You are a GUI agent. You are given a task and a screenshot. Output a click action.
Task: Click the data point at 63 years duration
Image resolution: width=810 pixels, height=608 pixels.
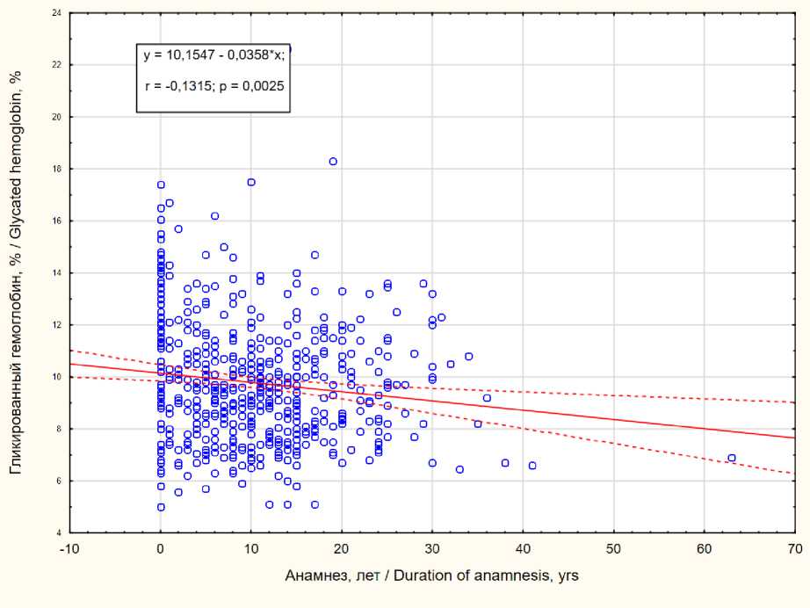point(732,458)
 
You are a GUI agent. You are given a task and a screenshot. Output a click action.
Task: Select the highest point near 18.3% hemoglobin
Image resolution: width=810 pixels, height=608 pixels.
point(333,161)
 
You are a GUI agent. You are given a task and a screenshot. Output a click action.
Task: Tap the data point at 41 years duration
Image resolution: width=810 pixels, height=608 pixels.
point(532,466)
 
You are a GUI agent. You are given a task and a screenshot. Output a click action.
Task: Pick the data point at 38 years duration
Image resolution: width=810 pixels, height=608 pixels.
point(505,463)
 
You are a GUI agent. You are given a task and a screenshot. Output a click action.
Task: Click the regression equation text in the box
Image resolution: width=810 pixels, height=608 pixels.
point(213,55)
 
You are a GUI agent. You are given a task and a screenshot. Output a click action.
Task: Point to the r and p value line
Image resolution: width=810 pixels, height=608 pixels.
point(213,87)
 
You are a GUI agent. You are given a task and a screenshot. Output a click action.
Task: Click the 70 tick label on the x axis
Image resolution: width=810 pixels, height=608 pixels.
point(793,547)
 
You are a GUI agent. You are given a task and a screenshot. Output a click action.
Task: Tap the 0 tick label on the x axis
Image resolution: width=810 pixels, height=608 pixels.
point(161,547)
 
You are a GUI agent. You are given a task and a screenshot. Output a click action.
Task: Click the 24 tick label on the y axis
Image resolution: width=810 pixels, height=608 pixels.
point(57,14)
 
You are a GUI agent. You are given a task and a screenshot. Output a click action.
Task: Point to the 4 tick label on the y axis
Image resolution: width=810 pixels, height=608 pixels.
point(59,533)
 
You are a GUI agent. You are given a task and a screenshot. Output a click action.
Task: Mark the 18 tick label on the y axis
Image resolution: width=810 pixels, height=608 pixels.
point(57,169)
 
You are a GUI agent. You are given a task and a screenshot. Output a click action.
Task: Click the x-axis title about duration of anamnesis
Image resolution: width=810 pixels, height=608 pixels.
point(431,575)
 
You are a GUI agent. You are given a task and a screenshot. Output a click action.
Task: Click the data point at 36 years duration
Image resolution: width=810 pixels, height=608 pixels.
point(487,398)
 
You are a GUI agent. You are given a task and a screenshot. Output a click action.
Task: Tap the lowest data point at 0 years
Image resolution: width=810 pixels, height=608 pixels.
point(161,507)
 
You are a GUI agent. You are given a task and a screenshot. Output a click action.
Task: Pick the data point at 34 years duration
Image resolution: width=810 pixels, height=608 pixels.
point(469,357)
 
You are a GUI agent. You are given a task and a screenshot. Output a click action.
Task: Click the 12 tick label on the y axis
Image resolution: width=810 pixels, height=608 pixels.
point(57,325)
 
